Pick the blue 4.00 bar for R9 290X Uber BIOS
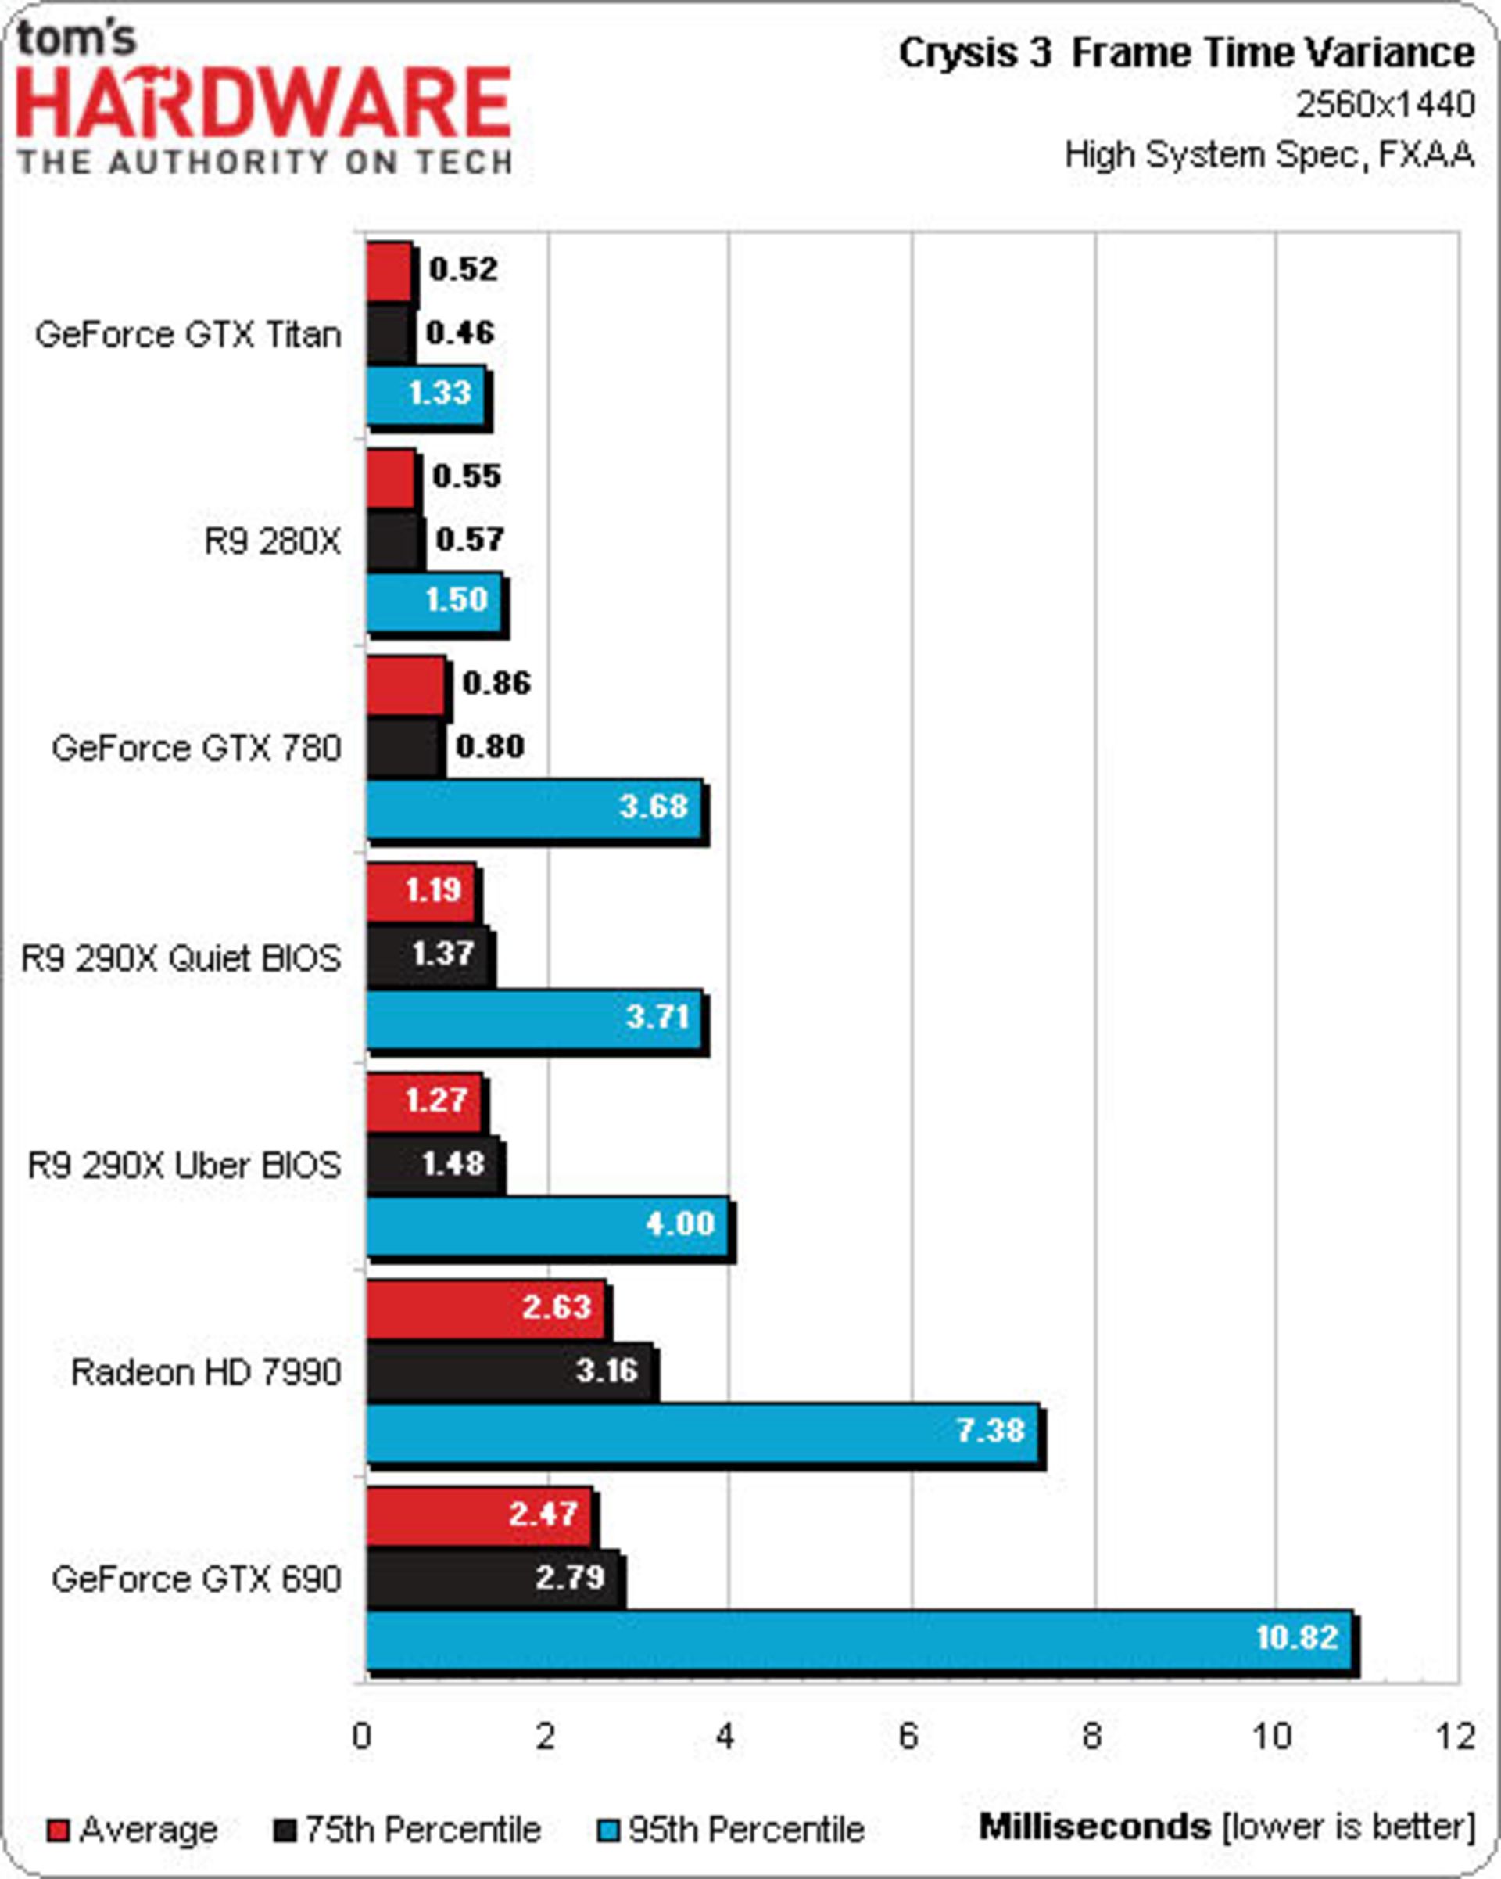(546, 1227)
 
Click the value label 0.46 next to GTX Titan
(460, 332)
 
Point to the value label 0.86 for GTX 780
(496, 682)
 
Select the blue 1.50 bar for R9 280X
(434, 602)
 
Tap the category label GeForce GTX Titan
(188, 335)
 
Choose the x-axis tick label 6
(908, 1736)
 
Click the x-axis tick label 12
(1455, 1736)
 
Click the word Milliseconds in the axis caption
(1095, 1826)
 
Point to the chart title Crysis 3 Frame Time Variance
(1186, 54)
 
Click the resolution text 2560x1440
(1385, 106)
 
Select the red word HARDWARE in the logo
(263, 102)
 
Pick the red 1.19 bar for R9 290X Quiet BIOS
(420, 892)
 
